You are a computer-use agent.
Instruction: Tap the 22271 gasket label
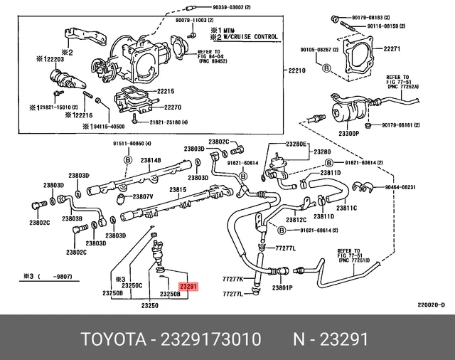pyautogui.click(x=392, y=50)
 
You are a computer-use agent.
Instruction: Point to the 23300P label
pyautogui.click(x=348, y=133)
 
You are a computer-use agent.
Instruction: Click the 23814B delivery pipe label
pyautogui.click(x=151, y=160)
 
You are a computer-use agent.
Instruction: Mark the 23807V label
pyautogui.click(x=143, y=196)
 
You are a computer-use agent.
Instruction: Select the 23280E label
pyautogui.click(x=296, y=144)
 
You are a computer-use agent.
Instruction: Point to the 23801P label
pyautogui.click(x=282, y=287)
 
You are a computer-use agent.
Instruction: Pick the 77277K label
pyautogui.click(x=232, y=279)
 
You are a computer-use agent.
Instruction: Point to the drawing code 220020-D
pyautogui.click(x=431, y=305)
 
